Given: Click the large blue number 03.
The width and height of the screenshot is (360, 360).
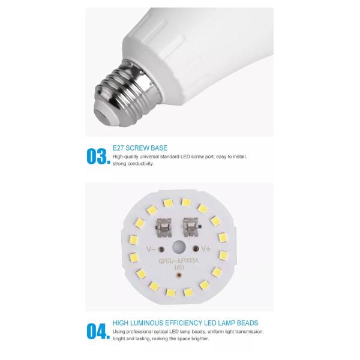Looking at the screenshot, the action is tap(98, 157).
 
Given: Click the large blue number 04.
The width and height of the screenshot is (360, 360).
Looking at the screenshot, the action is tap(98, 331).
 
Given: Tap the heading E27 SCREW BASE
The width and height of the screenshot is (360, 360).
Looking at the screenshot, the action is tap(140, 148).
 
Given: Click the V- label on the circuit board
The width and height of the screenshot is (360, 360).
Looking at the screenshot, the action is tap(151, 249).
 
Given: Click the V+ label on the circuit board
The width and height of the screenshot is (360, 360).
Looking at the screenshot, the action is tap(206, 248).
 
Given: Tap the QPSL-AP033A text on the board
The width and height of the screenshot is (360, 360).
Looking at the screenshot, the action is tap(178, 261).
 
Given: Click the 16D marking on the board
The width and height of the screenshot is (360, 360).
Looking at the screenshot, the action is tap(179, 268).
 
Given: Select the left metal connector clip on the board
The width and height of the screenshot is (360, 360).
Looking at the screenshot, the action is tap(163, 228).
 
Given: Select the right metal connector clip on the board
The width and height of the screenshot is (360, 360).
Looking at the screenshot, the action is tap(191, 227).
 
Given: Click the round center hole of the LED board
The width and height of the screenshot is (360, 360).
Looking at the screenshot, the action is tap(179, 247).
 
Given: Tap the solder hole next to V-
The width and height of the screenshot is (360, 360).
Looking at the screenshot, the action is tap(161, 249).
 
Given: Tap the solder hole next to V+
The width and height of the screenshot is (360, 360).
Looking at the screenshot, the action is tap(196, 248).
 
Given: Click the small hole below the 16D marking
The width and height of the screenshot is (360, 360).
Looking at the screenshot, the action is tap(179, 275).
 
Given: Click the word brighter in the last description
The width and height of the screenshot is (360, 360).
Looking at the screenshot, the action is tap(200, 338).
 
